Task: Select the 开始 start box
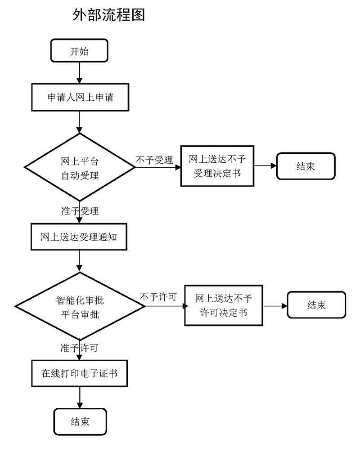coord(79,50)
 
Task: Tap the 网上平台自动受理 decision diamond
coord(80,167)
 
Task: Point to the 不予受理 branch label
coord(154,160)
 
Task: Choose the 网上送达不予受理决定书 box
coord(217,166)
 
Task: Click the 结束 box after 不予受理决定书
coord(306,166)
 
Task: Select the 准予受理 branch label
coord(80,210)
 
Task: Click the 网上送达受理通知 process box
coord(79,237)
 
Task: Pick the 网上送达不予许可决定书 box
coord(224,305)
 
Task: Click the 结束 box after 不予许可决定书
coord(316,305)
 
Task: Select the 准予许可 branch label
coord(80,348)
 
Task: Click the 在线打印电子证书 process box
coord(80,373)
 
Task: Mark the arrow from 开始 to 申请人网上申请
coord(80,72)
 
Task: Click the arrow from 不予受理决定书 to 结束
coord(265,166)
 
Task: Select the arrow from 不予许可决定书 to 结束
coord(275,305)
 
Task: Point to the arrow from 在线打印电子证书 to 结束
coord(80,397)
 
